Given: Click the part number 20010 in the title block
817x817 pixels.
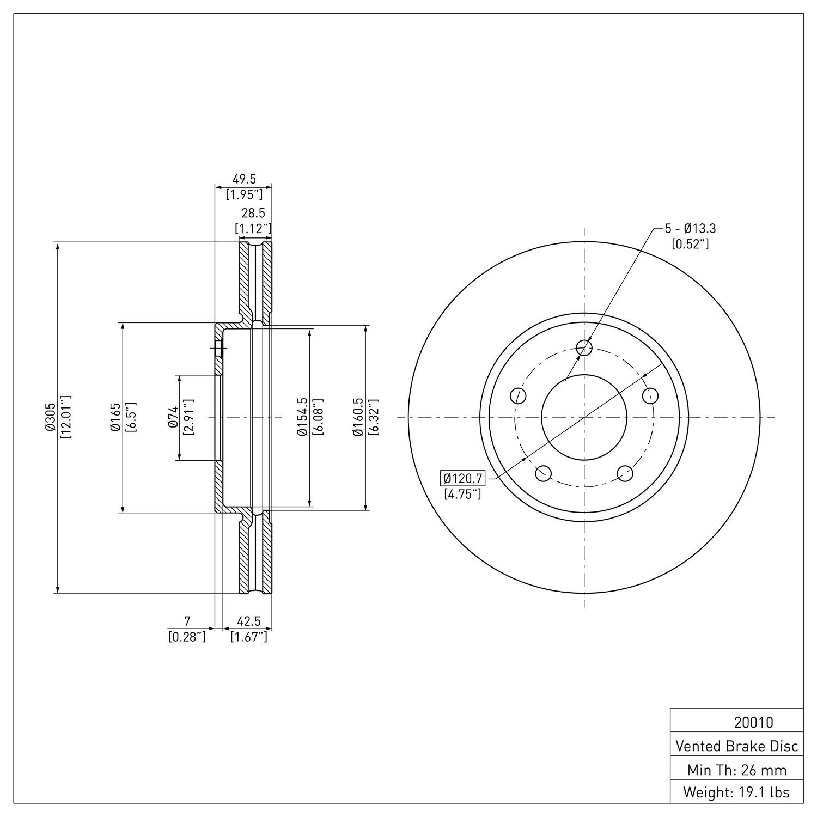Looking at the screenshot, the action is point(753,723).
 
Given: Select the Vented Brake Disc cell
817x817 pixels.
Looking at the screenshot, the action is point(736,746).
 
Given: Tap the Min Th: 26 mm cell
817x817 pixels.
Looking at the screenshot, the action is point(736,770).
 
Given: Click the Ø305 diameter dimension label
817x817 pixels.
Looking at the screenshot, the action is point(51,418).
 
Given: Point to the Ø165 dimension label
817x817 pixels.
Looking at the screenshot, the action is point(115,418).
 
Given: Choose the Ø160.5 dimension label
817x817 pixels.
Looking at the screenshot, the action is point(358,418).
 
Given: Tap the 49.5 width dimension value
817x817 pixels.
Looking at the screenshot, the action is point(244,179).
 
